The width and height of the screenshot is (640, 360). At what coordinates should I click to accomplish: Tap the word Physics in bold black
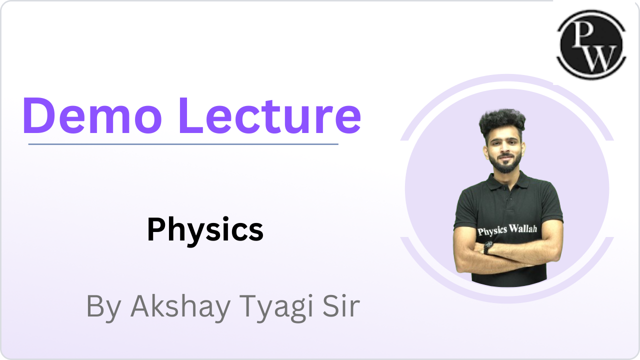[x=205, y=230]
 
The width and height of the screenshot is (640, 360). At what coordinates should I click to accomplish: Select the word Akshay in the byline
[x=180, y=306]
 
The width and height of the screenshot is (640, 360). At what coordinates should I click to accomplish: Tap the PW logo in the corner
[x=591, y=44]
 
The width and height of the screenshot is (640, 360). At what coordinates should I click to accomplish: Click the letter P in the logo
[x=583, y=34]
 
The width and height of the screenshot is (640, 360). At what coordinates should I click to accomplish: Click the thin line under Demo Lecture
[x=183, y=144]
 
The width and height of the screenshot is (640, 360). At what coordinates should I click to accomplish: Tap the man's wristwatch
[x=488, y=247]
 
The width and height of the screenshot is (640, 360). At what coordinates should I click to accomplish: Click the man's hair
[x=502, y=121]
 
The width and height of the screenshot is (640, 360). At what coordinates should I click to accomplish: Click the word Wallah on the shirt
[x=523, y=229]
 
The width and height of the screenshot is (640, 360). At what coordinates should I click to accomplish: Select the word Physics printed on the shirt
[x=492, y=231]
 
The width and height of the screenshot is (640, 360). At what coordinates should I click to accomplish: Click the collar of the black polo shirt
[x=507, y=180]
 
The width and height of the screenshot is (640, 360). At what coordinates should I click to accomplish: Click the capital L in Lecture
[x=190, y=115]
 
